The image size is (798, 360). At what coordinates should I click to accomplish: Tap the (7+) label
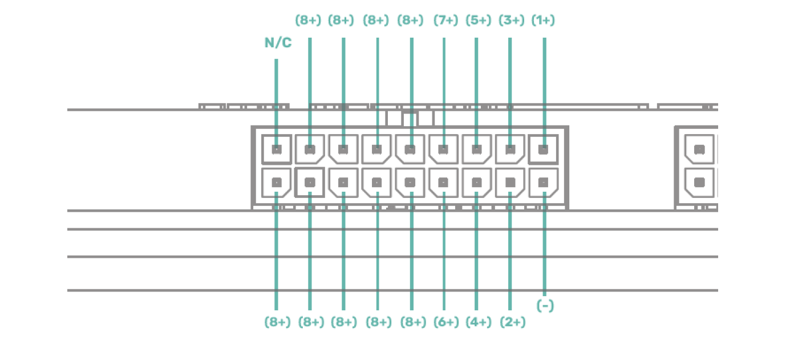445,21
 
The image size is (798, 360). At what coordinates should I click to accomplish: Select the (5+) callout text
478,21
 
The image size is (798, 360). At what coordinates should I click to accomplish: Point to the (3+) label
511,21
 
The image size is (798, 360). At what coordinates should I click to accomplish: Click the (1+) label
543,21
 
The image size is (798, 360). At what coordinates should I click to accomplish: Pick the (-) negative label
545,306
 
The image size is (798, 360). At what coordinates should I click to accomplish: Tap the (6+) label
445,322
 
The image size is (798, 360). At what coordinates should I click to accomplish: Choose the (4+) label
478,322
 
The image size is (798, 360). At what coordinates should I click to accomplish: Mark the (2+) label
512,322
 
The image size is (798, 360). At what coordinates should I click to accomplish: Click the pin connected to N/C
277,149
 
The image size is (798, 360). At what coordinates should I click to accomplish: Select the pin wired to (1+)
544,149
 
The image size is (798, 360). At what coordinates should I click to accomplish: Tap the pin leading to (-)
544,183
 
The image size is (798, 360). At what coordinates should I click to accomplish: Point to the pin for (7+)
444,149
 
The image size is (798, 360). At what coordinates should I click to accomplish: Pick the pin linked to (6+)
444,183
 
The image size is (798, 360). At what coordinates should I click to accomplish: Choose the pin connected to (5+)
477,149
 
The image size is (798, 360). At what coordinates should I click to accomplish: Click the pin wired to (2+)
511,183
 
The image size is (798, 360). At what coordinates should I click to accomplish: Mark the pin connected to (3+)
511,149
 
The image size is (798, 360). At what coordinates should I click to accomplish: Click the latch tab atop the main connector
410,119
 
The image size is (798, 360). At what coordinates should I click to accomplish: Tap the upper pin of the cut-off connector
700,149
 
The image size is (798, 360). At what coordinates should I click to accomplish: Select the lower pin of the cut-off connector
700,183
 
